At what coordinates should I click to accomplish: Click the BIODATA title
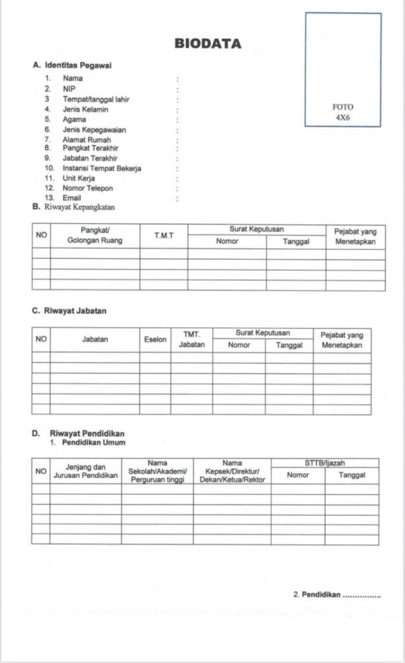(207, 44)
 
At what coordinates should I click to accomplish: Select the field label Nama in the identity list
(73, 78)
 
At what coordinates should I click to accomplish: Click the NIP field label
(69, 89)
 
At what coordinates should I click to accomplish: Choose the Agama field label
(74, 120)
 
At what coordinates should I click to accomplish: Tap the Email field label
(72, 197)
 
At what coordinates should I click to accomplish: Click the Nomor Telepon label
(87, 188)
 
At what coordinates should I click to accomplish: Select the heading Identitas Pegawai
(80, 65)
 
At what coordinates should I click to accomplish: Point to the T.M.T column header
(164, 236)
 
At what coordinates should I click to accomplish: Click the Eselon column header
(156, 339)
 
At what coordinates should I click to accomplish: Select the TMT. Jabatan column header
(191, 339)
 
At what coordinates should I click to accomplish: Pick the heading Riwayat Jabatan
(75, 310)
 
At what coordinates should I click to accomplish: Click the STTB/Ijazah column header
(325, 462)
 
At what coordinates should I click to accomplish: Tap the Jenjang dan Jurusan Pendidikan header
(86, 471)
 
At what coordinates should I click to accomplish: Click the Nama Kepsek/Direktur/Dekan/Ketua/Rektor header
(232, 471)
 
